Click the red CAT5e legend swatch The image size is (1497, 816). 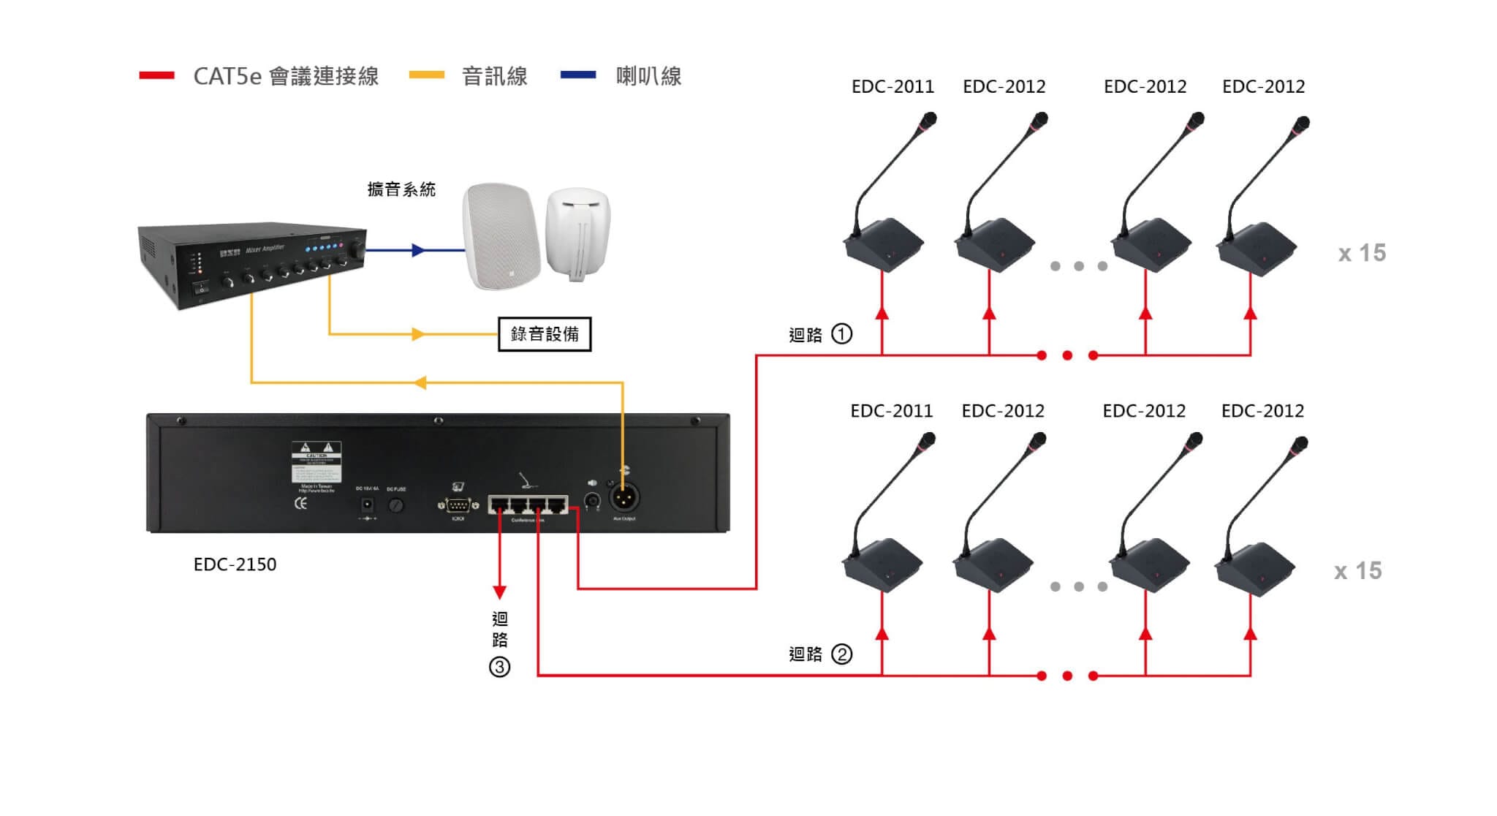156,75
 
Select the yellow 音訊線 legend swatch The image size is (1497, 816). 427,75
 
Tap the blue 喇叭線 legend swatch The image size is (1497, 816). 578,75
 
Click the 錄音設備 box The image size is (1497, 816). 545,334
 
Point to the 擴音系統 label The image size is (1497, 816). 401,190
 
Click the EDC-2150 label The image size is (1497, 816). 235,564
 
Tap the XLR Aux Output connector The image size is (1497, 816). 624,499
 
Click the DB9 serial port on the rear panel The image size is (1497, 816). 458,505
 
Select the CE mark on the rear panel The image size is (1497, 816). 300,504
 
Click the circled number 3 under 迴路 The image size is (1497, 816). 499,667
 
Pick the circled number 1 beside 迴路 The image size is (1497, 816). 842,334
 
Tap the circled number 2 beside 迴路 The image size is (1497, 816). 842,654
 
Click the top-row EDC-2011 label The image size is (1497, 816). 892,87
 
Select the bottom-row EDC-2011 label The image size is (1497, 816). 891,411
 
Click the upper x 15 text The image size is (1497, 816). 1362,253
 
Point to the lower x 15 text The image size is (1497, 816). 1357,571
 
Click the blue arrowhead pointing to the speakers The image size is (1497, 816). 418,251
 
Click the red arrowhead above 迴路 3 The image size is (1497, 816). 499,591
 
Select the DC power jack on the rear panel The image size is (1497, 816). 368,505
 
